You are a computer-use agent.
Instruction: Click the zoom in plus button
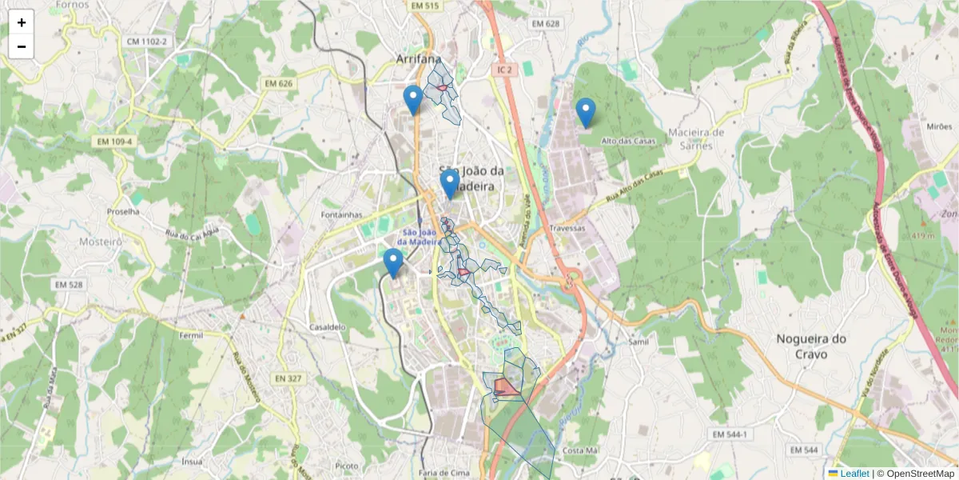click(x=22, y=22)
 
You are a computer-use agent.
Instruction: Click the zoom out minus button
click(x=22, y=46)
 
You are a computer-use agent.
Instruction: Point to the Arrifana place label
click(x=419, y=58)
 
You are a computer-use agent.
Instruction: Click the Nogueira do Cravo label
click(x=811, y=346)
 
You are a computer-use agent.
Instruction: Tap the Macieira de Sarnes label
click(x=695, y=137)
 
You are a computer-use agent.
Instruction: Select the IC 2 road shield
click(x=503, y=70)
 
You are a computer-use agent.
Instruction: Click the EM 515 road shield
click(x=424, y=6)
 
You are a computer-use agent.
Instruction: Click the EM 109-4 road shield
click(x=114, y=142)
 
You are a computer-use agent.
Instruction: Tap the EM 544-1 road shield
click(x=730, y=434)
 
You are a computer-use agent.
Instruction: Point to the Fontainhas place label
click(x=341, y=214)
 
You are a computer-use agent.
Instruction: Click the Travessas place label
click(x=567, y=228)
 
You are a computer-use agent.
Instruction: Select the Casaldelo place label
click(x=327, y=327)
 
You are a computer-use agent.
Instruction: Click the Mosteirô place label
click(x=101, y=240)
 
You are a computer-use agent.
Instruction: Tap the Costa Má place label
click(x=580, y=451)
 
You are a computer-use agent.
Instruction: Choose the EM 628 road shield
click(x=546, y=24)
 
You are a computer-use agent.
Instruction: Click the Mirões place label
click(x=939, y=126)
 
